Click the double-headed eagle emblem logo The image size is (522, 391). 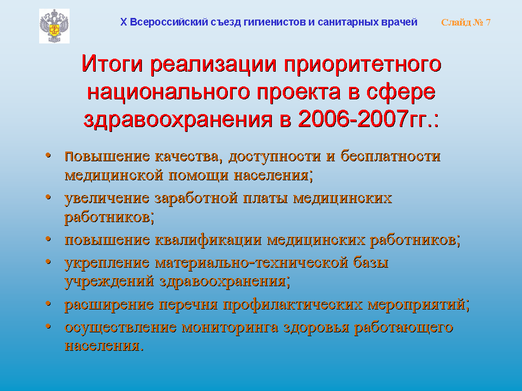pos(54,26)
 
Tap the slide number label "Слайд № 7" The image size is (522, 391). pos(466,22)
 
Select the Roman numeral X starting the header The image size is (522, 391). pos(123,22)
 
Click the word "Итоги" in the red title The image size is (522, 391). pos(112,64)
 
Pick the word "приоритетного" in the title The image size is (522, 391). pos(363,65)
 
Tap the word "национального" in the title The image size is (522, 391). pos(169,92)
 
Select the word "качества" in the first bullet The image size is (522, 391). pos(189,156)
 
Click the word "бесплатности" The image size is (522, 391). pos(390,156)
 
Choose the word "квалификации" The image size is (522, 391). pos(208,239)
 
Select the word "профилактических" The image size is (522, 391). pos(293,305)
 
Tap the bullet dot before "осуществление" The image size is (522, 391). pos(48,326)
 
